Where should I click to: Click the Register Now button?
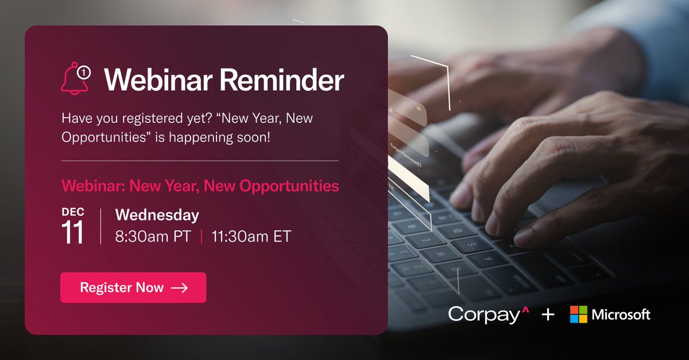click(133, 288)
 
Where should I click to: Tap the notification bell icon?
click(75, 79)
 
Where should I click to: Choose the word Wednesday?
click(157, 215)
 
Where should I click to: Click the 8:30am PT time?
click(153, 236)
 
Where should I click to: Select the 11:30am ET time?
click(251, 236)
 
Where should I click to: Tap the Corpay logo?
click(487, 314)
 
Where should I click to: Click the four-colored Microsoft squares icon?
click(578, 314)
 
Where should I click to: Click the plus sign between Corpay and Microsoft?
click(548, 314)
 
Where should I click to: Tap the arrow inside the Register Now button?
click(179, 288)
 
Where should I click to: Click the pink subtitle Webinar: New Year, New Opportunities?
click(200, 186)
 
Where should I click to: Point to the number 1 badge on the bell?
click(84, 72)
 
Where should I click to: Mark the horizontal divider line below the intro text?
click(200, 161)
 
